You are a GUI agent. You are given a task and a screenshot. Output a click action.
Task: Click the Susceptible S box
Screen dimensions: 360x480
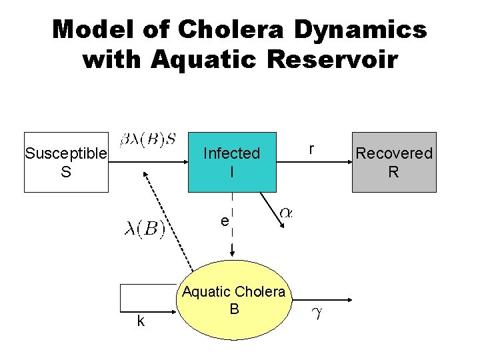click(x=66, y=162)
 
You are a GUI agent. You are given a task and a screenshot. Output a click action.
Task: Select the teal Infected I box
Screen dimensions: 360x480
click(x=231, y=162)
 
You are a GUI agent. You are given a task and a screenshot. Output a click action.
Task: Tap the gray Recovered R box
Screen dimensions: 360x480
click(x=393, y=162)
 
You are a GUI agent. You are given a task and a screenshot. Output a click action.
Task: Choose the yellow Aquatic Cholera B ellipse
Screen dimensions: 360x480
click(x=233, y=301)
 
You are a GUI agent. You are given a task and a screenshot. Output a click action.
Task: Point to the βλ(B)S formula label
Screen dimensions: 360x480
click(x=148, y=140)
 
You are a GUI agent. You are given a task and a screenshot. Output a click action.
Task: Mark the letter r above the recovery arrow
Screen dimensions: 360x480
click(x=311, y=147)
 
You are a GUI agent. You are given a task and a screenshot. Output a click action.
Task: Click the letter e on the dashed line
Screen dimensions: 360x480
click(x=225, y=221)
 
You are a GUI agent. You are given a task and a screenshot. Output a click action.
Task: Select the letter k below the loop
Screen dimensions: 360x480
click(x=141, y=321)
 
